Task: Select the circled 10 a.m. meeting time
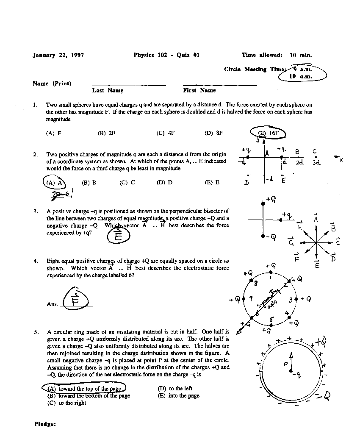(x=300, y=76)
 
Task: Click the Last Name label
(x=108, y=90)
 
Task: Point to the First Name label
(x=199, y=90)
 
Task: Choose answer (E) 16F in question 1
(x=269, y=133)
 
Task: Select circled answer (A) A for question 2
(x=55, y=183)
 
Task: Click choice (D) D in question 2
(x=164, y=183)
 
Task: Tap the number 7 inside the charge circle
(x=251, y=299)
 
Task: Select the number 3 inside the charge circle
(x=291, y=300)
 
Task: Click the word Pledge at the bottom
(x=45, y=423)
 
